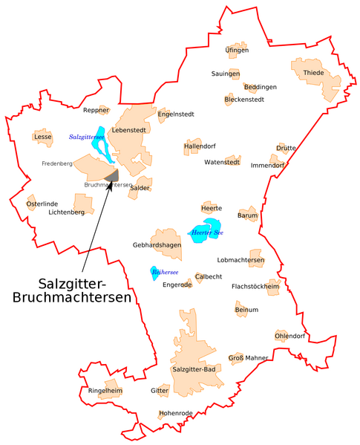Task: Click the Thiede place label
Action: point(313,73)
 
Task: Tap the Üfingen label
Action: point(237,51)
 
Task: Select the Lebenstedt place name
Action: point(128,130)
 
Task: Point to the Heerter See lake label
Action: point(206,233)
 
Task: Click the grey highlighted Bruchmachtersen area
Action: point(112,175)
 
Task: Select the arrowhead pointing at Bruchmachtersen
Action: point(111,183)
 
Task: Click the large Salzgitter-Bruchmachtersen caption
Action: point(72,290)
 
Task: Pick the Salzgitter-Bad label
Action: point(193,369)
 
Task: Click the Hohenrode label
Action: point(175,413)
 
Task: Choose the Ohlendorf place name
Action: point(290,336)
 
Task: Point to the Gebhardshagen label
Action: point(157,244)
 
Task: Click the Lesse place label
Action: point(43,137)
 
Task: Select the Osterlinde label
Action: point(42,204)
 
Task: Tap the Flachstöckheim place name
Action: point(255,286)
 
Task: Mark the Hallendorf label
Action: point(200,146)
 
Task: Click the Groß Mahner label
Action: point(248,358)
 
